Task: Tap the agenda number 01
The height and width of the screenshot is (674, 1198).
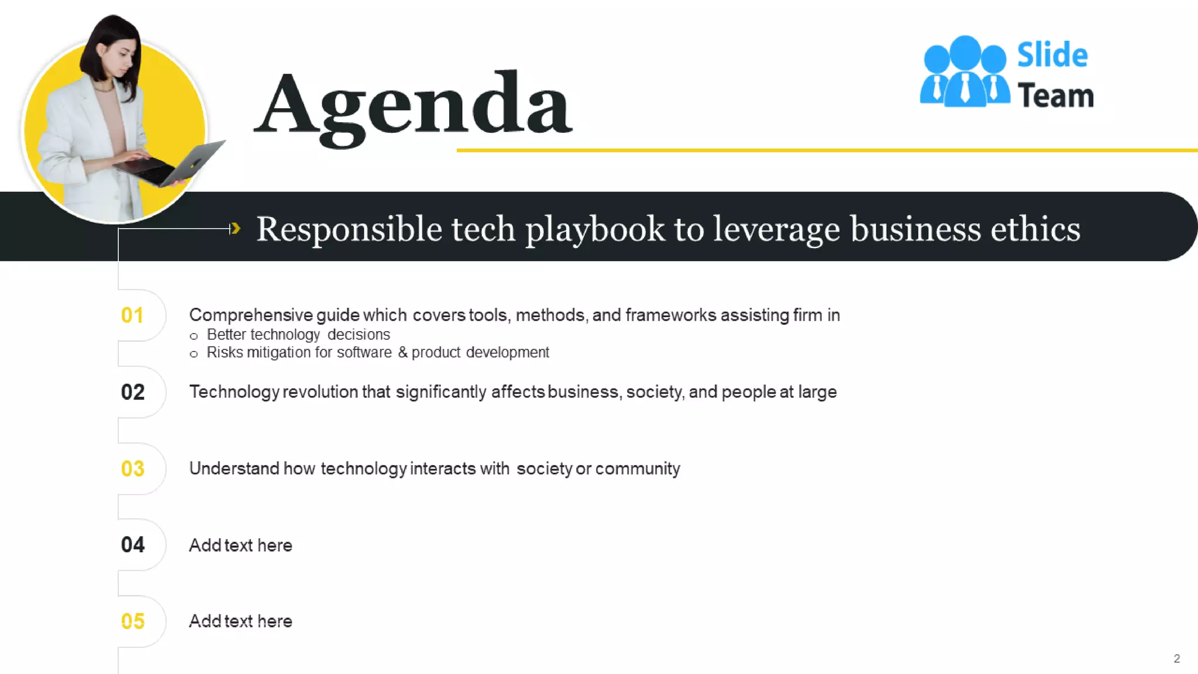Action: point(132,315)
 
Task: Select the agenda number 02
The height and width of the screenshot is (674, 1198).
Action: point(133,392)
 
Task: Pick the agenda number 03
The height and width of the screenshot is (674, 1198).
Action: point(133,469)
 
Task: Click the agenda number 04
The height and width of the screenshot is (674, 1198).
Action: point(133,545)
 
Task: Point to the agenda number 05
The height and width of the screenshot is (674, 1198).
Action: point(133,621)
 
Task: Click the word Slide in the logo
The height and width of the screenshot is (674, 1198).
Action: point(1052,55)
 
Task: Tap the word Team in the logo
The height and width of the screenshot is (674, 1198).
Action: point(1055,95)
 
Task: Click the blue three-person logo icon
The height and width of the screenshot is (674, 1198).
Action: point(965,72)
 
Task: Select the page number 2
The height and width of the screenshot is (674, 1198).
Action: point(1176,659)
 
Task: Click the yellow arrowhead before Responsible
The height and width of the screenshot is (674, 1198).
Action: point(235,228)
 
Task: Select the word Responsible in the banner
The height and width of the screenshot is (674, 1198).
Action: point(349,229)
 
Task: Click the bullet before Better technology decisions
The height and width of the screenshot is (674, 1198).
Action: point(194,336)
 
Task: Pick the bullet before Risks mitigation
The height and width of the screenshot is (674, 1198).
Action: point(194,354)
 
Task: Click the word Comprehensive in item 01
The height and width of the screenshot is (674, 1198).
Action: point(250,315)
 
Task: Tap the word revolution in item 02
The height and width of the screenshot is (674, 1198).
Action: point(320,392)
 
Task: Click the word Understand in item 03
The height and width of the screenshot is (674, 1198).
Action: point(234,469)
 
